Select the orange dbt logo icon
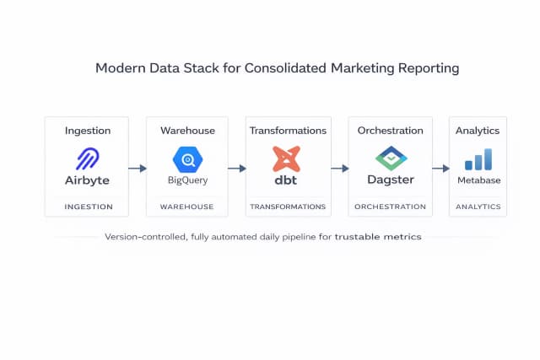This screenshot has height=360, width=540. [x=287, y=159]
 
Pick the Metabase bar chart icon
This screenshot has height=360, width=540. [x=478, y=159]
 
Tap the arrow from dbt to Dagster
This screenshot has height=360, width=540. [x=339, y=169]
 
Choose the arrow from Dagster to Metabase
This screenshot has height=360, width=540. [x=440, y=169]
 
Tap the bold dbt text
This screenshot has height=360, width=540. [x=287, y=180]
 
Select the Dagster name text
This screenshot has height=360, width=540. [x=389, y=180]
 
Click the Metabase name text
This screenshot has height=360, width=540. [x=478, y=180]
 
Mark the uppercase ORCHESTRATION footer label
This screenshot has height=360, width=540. [x=389, y=207]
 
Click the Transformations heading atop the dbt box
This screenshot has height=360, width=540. [x=288, y=131]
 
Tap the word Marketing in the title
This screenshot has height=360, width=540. [x=354, y=67]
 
